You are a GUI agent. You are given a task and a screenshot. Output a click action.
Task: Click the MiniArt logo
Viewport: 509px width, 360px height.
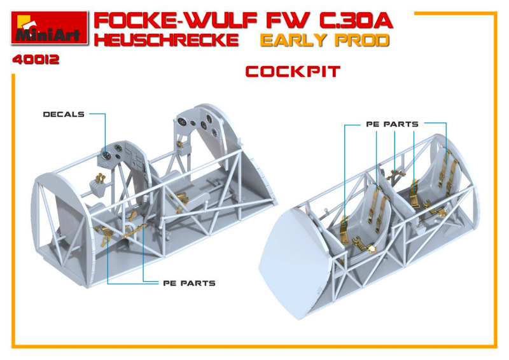[x=50, y=28]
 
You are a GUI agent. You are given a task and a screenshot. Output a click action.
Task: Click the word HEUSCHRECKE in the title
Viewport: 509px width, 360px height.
[x=166, y=40]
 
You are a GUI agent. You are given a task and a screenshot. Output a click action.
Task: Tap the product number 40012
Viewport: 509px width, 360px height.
[x=36, y=60]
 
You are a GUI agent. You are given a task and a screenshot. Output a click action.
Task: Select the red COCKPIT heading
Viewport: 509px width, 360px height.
[x=293, y=72]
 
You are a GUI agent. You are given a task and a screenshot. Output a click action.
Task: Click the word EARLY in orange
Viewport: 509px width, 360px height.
[x=293, y=40]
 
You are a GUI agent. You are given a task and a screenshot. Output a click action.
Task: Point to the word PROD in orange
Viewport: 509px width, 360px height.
[x=361, y=40]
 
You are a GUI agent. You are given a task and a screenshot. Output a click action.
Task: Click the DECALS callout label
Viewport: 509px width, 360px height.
[x=64, y=114]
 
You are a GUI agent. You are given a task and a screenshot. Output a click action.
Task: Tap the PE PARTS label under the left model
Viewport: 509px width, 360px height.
[x=189, y=284]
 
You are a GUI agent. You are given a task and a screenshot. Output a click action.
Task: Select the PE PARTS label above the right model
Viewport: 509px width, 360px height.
[x=392, y=124]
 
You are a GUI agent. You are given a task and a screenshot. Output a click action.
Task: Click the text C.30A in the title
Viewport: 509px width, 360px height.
[x=356, y=21]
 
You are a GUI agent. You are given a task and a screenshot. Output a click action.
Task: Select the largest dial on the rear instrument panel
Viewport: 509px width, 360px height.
[x=181, y=121]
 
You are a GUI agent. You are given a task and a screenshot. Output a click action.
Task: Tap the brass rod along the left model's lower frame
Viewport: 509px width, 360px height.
[x=134, y=232]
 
